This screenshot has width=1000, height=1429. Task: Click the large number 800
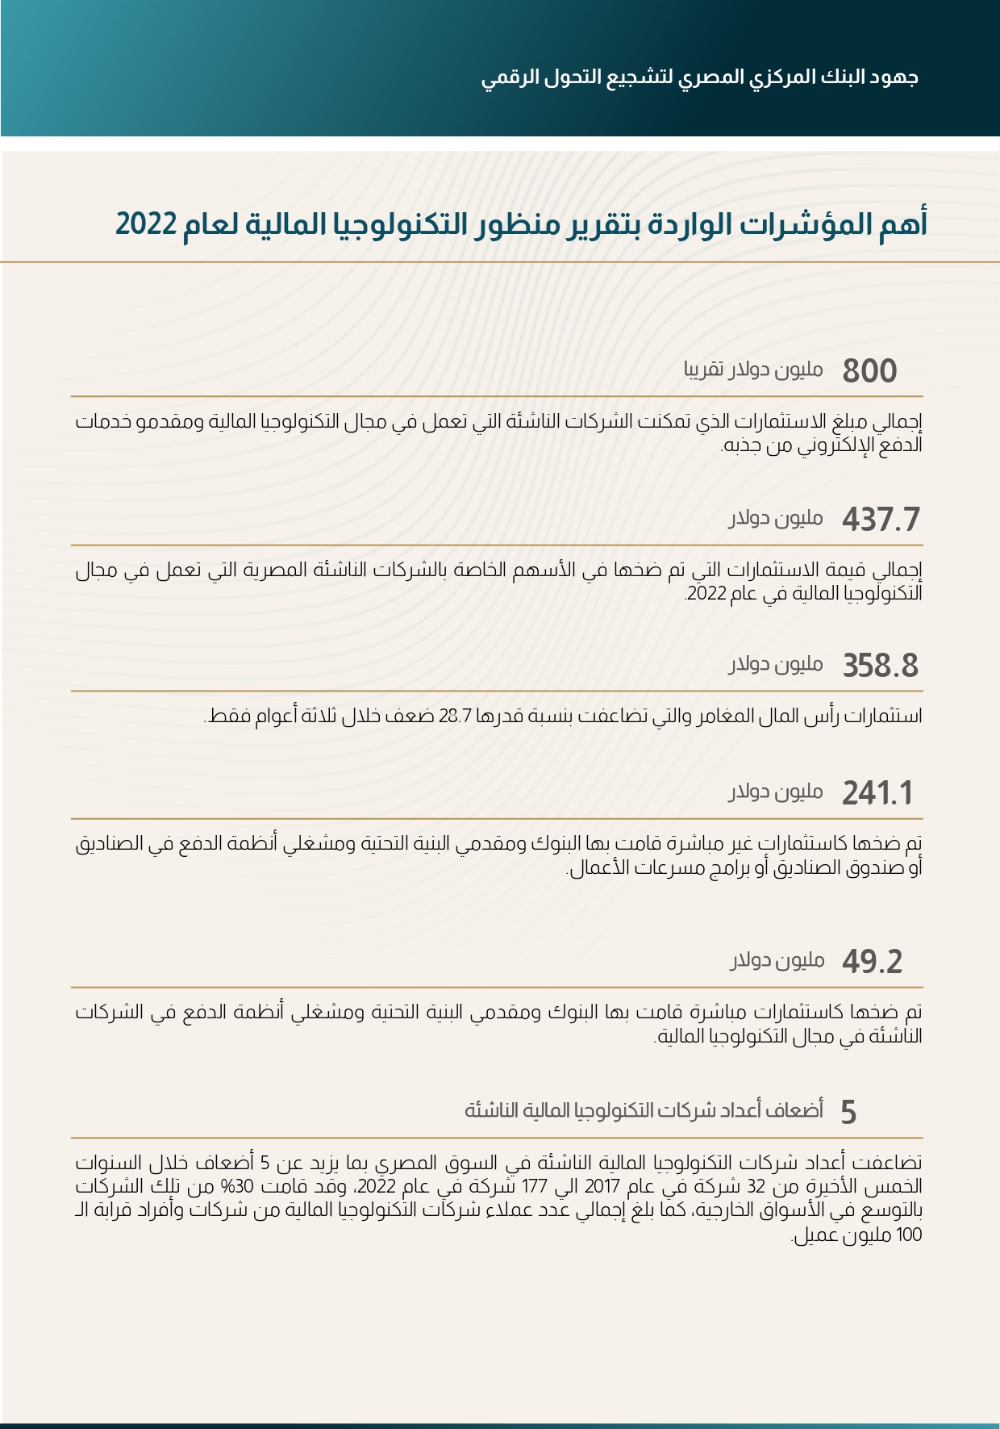click(869, 371)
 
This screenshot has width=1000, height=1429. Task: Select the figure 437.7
click(881, 520)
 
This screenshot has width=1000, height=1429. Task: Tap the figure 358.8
click(881, 666)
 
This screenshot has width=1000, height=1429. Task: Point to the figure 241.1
click(877, 794)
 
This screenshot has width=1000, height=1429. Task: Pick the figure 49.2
click(872, 962)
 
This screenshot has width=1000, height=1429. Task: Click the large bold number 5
click(848, 1113)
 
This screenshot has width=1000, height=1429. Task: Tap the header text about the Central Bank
click(699, 77)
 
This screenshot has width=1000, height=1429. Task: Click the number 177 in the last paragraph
click(535, 1187)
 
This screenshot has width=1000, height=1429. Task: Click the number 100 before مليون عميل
click(909, 1235)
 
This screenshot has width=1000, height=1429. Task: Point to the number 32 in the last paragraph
click(756, 1187)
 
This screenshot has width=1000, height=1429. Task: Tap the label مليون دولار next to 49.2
click(777, 960)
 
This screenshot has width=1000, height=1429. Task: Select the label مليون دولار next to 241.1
click(776, 792)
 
